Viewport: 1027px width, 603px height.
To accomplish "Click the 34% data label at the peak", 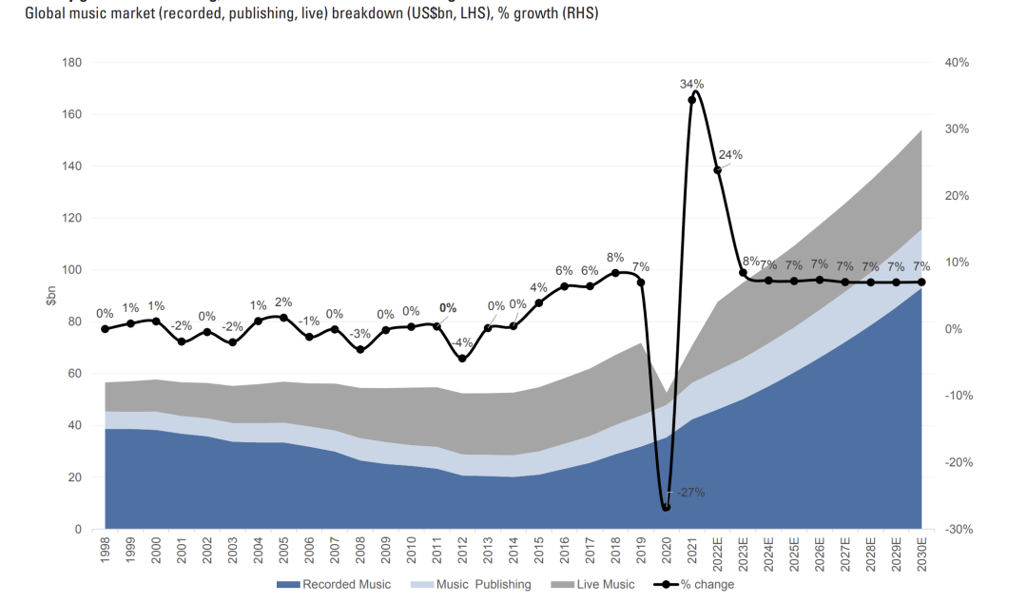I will [691, 84].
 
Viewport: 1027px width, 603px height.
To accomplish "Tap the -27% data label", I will [690, 493].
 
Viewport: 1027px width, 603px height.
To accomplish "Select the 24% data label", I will [730, 155].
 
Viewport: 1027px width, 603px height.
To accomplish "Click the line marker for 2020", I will [666, 507].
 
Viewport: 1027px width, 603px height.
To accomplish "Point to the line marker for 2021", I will [691, 100].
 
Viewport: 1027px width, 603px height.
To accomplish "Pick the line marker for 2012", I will [462, 359].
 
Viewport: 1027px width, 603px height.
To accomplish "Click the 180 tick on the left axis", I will [71, 63].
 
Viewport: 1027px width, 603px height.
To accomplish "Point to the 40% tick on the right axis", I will [956, 63].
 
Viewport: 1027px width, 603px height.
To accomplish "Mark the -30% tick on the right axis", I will [956, 529].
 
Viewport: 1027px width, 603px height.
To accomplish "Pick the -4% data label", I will [463, 342].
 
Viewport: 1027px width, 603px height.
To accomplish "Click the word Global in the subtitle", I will [46, 14].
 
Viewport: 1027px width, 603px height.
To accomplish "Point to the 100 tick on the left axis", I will [71, 270].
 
